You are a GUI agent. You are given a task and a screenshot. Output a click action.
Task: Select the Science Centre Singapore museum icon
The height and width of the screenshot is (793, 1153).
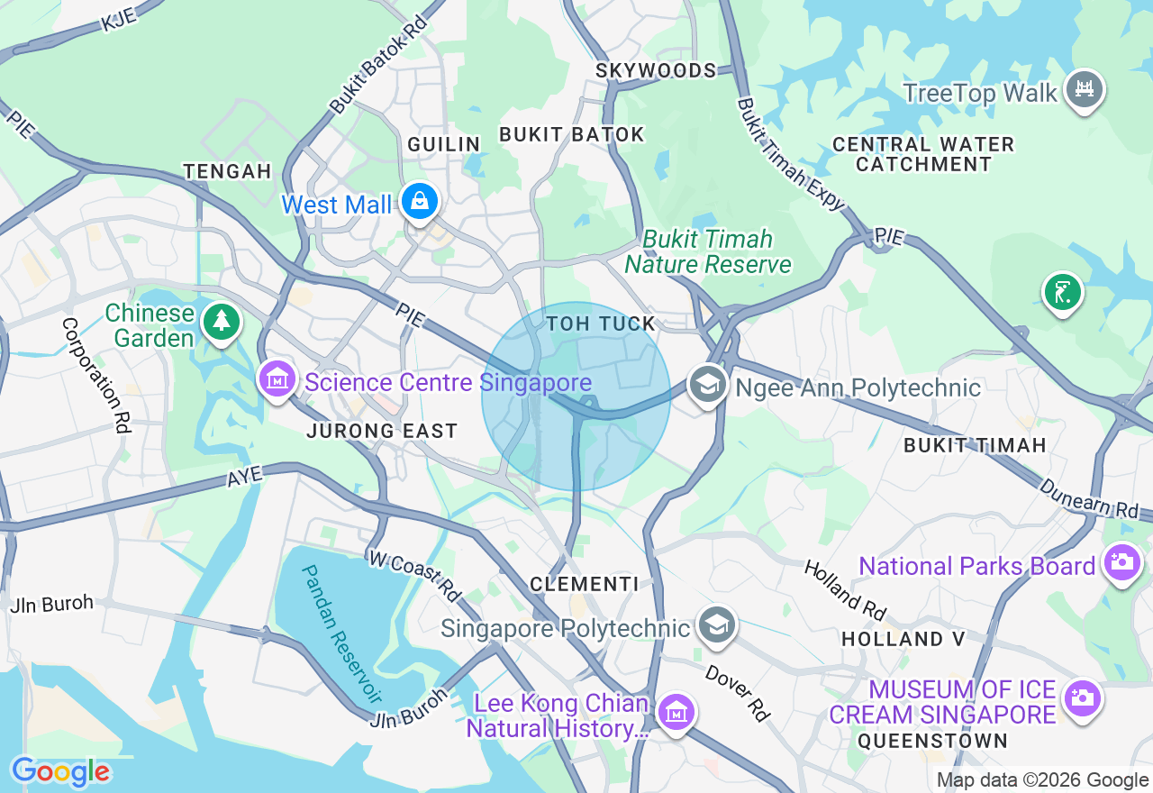pyautogui.click(x=277, y=379)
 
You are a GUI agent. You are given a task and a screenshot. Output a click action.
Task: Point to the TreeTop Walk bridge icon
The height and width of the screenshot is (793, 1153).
pyautogui.click(x=1085, y=88)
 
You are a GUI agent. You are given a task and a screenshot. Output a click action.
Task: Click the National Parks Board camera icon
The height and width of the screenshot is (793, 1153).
pyautogui.click(x=1122, y=562)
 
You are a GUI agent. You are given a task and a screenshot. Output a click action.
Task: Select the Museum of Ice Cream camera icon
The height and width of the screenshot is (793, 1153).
pyautogui.click(x=1082, y=697)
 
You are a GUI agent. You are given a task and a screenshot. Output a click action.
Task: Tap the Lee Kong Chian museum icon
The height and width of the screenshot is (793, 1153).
pyautogui.click(x=676, y=713)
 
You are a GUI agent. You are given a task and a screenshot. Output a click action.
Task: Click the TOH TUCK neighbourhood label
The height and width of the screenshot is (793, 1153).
pyautogui.click(x=601, y=324)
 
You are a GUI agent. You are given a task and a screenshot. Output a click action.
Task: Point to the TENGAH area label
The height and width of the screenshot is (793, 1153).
pyautogui.click(x=227, y=171)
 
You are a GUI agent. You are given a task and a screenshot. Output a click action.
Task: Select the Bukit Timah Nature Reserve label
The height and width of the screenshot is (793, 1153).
pyautogui.click(x=708, y=251)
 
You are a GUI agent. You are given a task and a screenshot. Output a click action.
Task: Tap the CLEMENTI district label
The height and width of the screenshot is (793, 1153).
pyautogui.click(x=584, y=584)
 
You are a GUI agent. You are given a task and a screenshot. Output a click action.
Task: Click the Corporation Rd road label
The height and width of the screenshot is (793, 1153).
pyautogui.click(x=94, y=375)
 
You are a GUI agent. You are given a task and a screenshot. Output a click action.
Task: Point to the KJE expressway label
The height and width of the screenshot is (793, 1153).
pyautogui.click(x=119, y=17)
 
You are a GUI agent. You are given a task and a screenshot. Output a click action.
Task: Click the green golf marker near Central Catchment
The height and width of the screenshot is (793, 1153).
pyautogui.click(x=1063, y=292)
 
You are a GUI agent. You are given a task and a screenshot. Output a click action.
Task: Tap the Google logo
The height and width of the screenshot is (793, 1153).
pyautogui.click(x=60, y=772)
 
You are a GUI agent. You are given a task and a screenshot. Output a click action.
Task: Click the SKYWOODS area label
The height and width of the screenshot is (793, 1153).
pyautogui.click(x=656, y=70)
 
